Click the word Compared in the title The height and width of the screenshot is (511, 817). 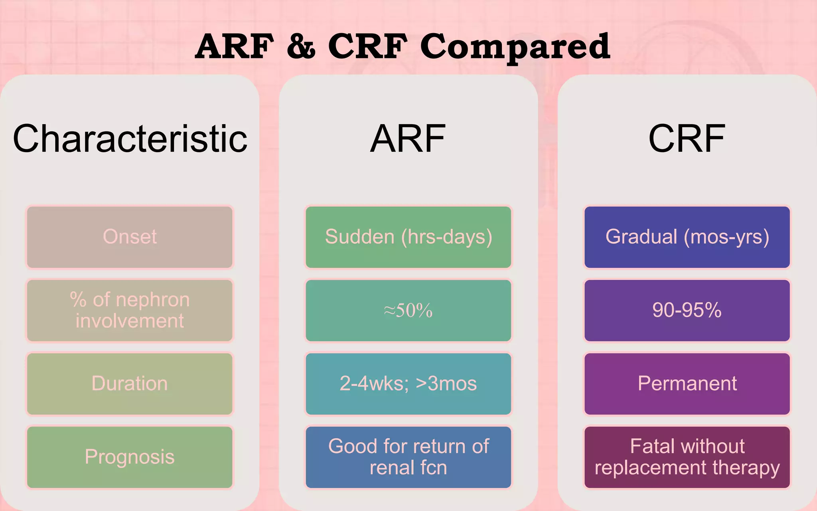(x=515, y=47)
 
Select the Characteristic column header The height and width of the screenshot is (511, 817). (x=130, y=139)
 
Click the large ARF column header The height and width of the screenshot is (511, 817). (x=408, y=139)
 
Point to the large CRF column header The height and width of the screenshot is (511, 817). (x=687, y=139)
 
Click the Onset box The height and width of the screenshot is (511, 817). (x=130, y=237)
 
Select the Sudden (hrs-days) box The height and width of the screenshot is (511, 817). (x=408, y=237)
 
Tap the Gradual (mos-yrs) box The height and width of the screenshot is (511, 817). (x=687, y=237)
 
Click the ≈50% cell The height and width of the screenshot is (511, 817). (x=408, y=311)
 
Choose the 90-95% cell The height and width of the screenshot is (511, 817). (x=687, y=310)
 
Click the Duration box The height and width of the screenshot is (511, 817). (x=130, y=384)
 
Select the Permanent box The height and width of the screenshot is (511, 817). (x=687, y=384)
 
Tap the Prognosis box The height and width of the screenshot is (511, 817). (x=130, y=457)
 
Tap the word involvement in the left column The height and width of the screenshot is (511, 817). (x=130, y=321)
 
